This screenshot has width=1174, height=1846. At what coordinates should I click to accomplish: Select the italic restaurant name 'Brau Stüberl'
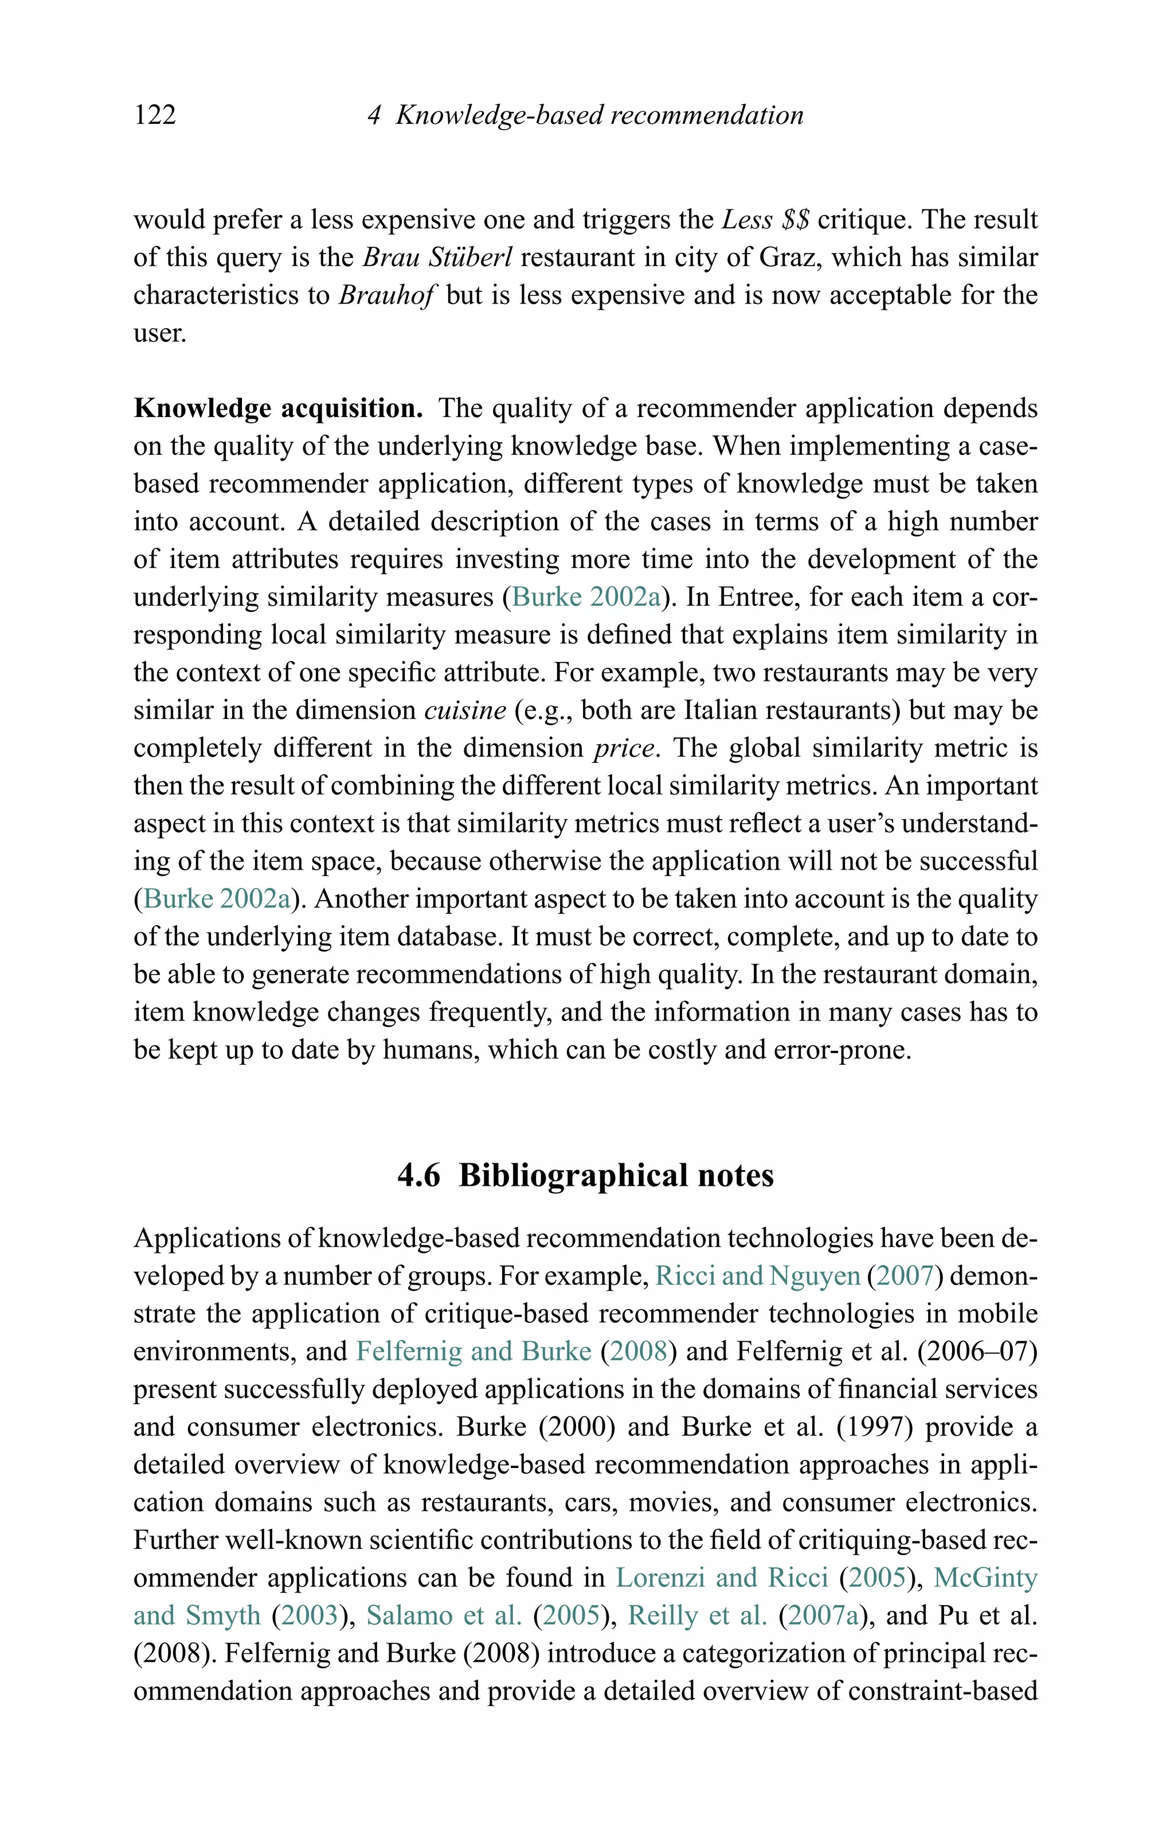pyautogui.click(x=437, y=257)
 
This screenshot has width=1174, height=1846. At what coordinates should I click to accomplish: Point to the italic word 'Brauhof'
pyautogui.click(x=387, y=295)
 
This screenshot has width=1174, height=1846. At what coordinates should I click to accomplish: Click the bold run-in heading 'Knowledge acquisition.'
pyautogui.click(x=278, y=408)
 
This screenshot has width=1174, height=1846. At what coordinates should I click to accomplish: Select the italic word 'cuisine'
pyautogui.click(x=465, y=710)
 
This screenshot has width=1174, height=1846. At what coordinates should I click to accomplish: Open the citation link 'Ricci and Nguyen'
pyautogui.click(x=757, y=1276)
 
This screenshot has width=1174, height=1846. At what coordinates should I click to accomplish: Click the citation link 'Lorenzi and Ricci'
pyautogui.click(x=722, y=1578)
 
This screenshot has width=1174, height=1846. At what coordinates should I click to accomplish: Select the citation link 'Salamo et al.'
pyautogui.click(x=444, y=1615)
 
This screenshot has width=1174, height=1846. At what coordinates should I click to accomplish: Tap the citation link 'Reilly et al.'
pyautogui.click(x=696, y=1615)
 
